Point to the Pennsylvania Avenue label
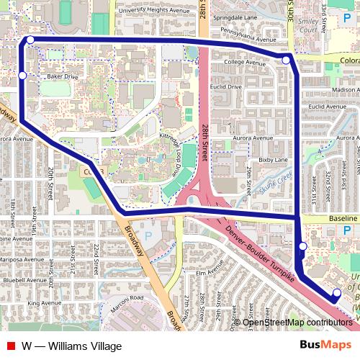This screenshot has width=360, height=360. (249, 32)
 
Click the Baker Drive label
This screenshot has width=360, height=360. (61, 76)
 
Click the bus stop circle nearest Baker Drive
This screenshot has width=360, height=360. (22, 75)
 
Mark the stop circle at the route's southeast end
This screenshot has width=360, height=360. (337, 292)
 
